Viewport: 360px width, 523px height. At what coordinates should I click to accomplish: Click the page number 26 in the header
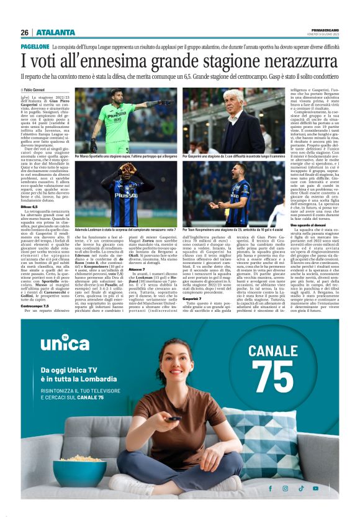(24, 32)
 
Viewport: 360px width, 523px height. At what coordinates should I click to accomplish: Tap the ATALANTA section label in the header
(56, 32)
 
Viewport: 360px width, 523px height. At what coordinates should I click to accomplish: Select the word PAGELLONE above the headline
(35, 47)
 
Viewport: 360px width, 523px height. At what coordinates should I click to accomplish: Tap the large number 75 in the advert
(272, 376)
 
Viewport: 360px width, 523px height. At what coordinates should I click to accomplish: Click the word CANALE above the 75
(272, 350)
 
